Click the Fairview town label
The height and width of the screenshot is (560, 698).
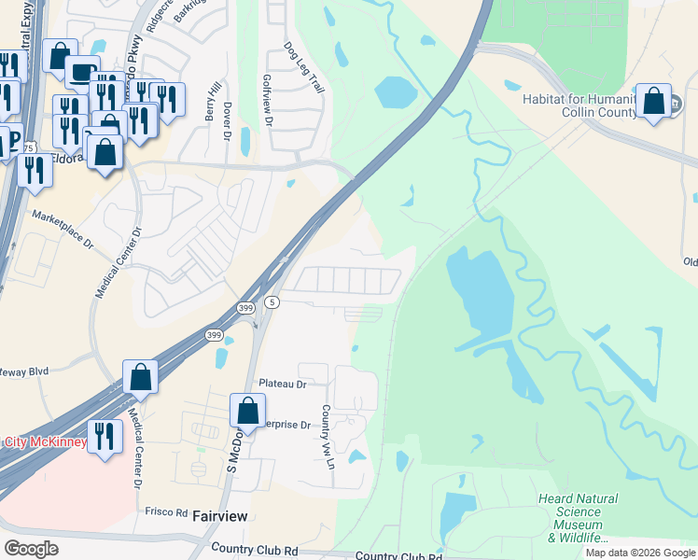point(221,514)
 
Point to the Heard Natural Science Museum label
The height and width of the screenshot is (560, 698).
point(575,518)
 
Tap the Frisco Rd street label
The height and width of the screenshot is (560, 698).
point(167,511)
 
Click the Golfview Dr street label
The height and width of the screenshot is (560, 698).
point(268,102)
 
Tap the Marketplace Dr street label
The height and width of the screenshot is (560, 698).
point(63,229)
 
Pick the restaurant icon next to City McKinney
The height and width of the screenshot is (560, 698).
point(105,436)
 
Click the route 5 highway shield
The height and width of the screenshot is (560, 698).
point(272,302)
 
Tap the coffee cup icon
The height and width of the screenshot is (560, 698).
point(82,72)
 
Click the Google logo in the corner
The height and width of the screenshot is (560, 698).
point(31,549)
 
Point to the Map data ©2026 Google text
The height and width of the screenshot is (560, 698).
point(640,553)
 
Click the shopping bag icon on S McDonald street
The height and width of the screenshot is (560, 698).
point(247,410)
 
